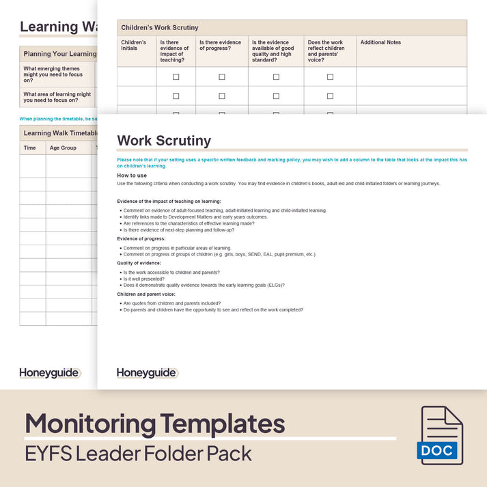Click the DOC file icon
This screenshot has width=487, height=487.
(441, 435)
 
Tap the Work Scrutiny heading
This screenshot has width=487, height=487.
(164, 141)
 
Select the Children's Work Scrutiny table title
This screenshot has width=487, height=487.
(160, 27)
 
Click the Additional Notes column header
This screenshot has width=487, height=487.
(380, 42)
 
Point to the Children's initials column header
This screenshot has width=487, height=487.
(134, 45)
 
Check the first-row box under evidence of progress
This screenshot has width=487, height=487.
(222, 77)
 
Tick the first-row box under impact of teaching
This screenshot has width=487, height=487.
(176, 77)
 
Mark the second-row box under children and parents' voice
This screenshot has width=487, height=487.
(330, 96)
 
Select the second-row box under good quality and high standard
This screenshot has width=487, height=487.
(276, 96)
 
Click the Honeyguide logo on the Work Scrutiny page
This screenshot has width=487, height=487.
(148, 373)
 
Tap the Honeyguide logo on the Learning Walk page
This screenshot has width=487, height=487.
(50, 373)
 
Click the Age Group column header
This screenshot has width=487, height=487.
(63, 148)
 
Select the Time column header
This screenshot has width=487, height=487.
(30, 148)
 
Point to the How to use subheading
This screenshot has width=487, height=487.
(131, 176)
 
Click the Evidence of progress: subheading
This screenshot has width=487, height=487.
(144, 239)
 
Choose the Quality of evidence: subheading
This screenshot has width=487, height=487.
(139, 263)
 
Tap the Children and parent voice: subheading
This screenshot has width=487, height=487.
(147, 294)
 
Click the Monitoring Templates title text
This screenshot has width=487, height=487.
(155, 423)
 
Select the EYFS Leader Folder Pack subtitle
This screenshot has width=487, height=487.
(139, 453)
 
